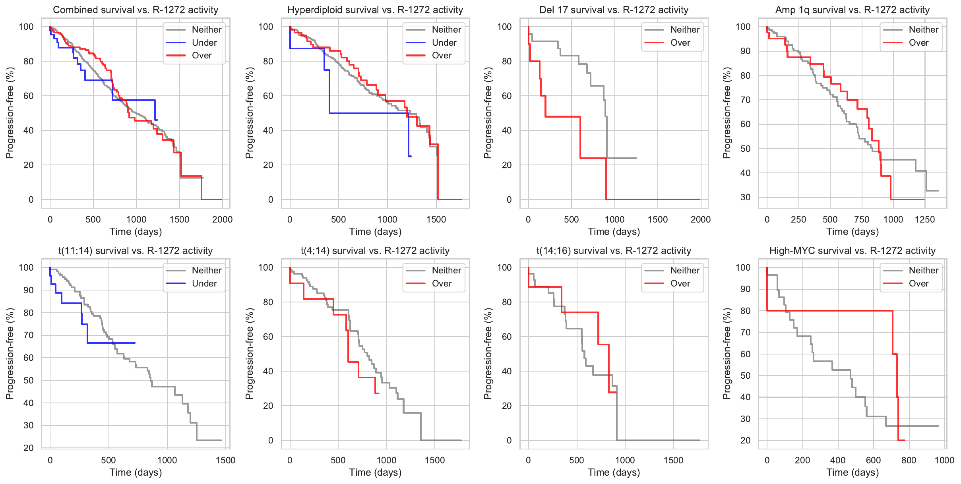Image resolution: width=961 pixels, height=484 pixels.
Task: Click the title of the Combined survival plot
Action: coord(136,10)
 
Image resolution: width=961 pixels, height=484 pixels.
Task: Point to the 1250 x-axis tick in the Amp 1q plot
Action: coord(924,219)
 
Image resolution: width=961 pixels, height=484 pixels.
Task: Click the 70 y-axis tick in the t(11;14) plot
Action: coord(29,335)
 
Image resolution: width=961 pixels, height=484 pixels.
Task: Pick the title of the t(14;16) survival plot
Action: coord(614,251)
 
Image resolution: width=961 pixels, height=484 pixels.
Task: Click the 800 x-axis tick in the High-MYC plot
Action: coord(909,460)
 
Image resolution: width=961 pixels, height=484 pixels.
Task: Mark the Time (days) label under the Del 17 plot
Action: coord(614,232)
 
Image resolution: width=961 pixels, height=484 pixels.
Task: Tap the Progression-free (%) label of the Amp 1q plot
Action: coord(727,113)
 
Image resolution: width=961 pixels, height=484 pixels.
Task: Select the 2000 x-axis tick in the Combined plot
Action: coord(222,219)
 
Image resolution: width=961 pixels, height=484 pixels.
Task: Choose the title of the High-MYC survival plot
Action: coord(852,251)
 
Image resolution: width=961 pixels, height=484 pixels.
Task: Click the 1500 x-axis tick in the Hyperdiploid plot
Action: coord(436,219)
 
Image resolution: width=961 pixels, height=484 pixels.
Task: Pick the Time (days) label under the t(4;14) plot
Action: coord(375,472)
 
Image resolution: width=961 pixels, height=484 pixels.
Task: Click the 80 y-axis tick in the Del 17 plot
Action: coord(506,61)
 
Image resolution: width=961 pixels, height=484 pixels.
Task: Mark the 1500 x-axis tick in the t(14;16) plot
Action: coord(673,460)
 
